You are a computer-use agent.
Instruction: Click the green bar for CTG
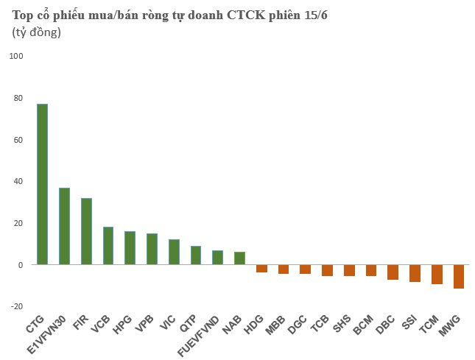[43, 184]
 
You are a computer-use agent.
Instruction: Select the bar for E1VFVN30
[64, 226]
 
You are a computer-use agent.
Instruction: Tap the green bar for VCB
[108, 246]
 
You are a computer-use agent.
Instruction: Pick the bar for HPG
[130, 248]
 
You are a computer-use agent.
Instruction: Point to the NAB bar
[239, 258]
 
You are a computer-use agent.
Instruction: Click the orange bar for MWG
[459, 276]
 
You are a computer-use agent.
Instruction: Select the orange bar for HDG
[261, 269]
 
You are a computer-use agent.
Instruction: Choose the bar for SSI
[415, 273]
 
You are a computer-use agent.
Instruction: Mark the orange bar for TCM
[437, 275]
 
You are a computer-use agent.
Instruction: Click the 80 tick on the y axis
[18, 98]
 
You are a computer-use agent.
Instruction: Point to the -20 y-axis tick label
[17, 306]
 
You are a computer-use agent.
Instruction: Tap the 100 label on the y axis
[16, 56]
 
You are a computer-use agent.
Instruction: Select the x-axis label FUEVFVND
[198, 336]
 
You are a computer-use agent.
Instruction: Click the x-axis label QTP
[188, 323]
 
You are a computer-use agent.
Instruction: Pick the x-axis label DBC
[385, 324]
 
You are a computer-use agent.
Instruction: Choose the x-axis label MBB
[275, 325]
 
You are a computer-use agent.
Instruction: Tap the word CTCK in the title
[246, 15]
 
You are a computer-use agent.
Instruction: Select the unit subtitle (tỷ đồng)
[37, 32]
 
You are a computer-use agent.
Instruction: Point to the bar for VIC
[174, 252]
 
